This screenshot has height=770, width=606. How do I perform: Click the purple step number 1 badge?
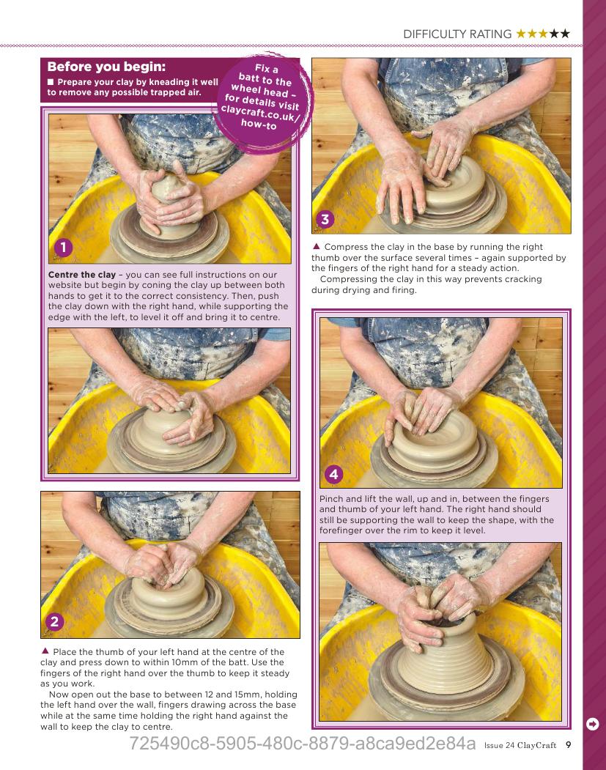63,247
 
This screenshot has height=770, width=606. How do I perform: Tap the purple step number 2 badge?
54,622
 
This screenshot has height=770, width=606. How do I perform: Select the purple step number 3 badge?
325,219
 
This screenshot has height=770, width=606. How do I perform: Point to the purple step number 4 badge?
334,474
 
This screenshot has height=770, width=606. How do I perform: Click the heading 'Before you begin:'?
106,67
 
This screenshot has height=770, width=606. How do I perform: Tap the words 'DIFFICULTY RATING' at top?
457,34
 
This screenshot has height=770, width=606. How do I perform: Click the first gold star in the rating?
520,34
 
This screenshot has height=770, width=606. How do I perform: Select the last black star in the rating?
565,34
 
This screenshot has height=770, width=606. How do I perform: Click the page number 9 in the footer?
568,745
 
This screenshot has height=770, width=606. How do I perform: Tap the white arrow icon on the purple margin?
593,724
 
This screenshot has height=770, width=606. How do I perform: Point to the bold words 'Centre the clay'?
82,275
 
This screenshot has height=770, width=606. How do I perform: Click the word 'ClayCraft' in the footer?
537,745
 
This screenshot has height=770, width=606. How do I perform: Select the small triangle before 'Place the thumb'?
45,651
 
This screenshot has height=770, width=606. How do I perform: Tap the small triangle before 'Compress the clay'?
317,246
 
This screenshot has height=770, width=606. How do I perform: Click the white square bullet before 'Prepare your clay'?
51,81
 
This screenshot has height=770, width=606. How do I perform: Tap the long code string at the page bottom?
303,744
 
